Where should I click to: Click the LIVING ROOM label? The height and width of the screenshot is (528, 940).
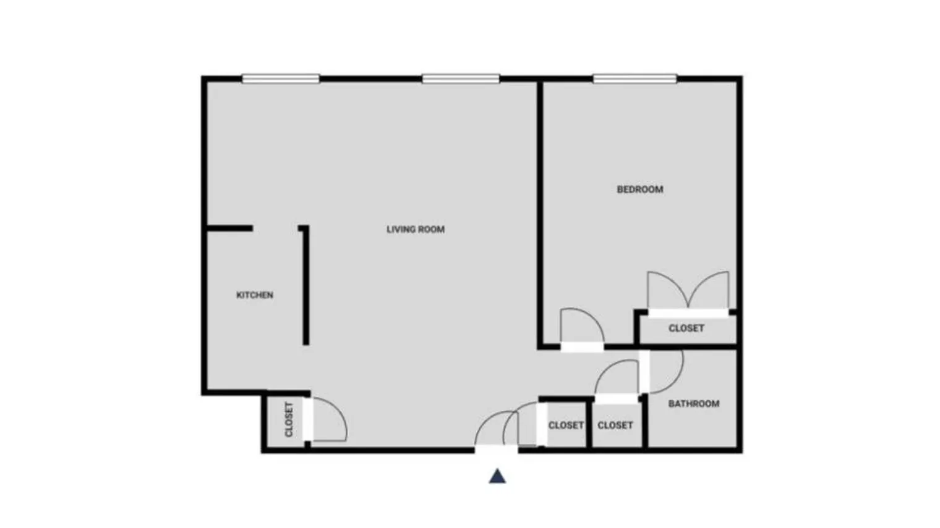[416, 229]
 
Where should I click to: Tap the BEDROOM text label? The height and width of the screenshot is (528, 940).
[640, 190]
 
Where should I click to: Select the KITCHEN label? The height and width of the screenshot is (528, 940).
[255, 295]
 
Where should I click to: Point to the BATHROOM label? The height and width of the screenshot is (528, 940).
[694, 404]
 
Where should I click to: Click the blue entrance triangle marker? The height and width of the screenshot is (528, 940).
[498, 476]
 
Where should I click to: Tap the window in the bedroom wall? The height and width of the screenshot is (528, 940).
[634, 78]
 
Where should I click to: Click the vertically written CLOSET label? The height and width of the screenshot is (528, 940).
[289, 420]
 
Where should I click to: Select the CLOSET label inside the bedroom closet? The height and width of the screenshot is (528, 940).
[686, 329]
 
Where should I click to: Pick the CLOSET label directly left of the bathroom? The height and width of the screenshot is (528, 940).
[615, 425]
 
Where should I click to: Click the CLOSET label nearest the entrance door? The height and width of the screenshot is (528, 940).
[566, 425]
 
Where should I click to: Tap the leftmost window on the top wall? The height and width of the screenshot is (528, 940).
[281, 78]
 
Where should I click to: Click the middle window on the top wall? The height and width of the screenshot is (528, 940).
[461, 78]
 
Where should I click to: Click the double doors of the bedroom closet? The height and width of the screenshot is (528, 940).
[688, 290]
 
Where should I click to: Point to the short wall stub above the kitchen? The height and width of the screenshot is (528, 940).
[229, 228]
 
